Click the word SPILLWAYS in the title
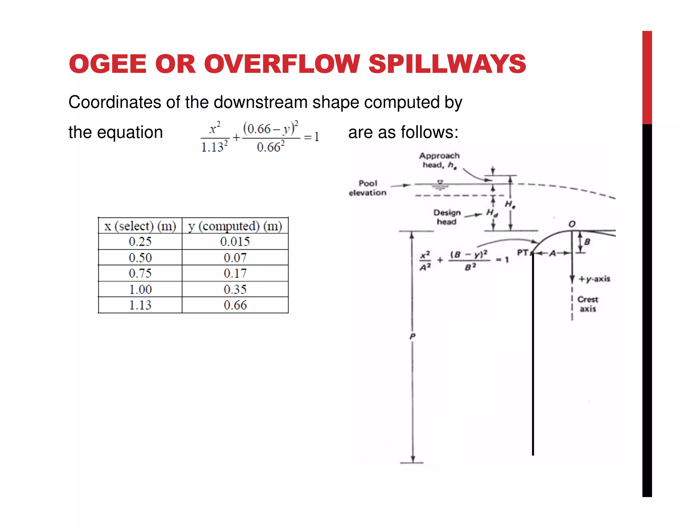[x=447, y=64]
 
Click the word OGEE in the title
[x=108, y=64]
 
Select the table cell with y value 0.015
[x=235, y=242]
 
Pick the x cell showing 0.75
[x=140, y=273]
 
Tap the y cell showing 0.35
[x=235, y=289]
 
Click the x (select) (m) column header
[x=140, y=226]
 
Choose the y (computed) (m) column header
[x=235, y=226]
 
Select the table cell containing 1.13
[x=140, y=305]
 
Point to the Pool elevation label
[x=368, y=188]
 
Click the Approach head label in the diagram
[x=439, y=160]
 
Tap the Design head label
[x=447, y=217]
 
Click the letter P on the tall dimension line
[x=413, y=336]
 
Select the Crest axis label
[x=588, y=304]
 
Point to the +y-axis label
[x=594, y=279]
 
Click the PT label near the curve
[x=523, y=253]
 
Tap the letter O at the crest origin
[x=572, y=224]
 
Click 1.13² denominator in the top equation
[x=214, y=147]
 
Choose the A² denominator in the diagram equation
[x=425, y=267]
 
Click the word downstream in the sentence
[x=260, y=102]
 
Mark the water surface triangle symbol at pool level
[x=440, y=183]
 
